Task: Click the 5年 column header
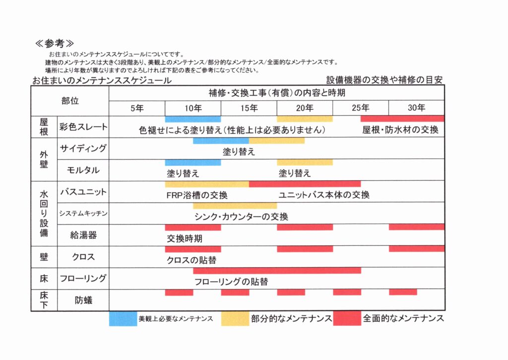pyautogui.click(x=137, y=108)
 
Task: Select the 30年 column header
pyautogui.click(x=417, y=108)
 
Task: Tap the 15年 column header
pyautogui.click(x=249, y=108)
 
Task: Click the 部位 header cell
pyautogui.click(x=70, y=101)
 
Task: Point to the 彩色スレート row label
pyautogui.click(x=83, y=127)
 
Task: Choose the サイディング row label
pyautogui.click(x=83, y=148)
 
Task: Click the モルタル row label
pyautogui.click(x=83, y=170)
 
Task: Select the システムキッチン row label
pyautogui.click(x=83, y=214)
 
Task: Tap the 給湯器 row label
pyautogui.click(x=83, y=235)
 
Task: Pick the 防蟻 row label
pyautogui.click(x=83, y=300)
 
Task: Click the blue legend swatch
pyautogui.click(x=123, y=318)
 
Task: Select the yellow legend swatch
pyautogui.click(x=235, y=318)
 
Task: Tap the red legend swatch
pyautogui.click(x=347, y=318)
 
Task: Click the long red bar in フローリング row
pyautogui.click(x=277, y=271)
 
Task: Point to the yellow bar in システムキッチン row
pyautogui.click(x=235, y=206)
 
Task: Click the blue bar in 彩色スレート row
pyautogui.click(x=193, y=119)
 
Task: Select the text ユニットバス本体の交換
pyautogui.click(x=324, y=195)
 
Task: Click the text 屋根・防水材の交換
pyautogui.click(x=400, y=130)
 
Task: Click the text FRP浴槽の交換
pyautogui.click(x=197, y=195)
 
